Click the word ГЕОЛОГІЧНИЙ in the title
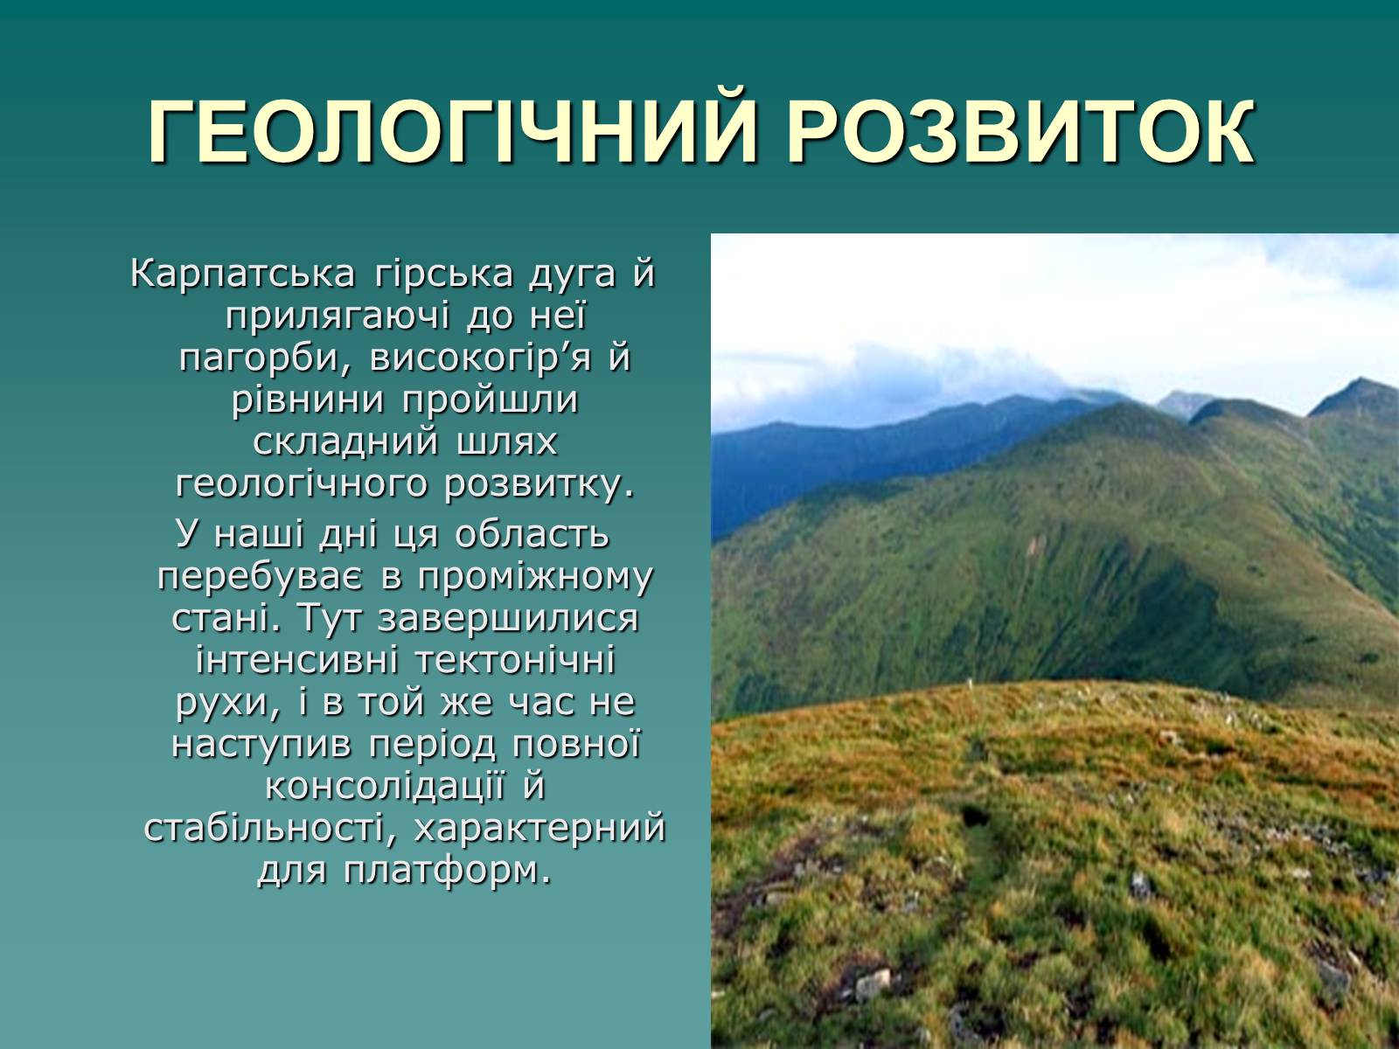[451, 131]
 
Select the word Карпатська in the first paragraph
[243, 274]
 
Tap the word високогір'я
[481, 358]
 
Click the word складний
[346, 442]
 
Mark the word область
[532, 534]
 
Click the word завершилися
[508, 619]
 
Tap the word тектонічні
[515, 660]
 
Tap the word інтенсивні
[297, 660]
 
